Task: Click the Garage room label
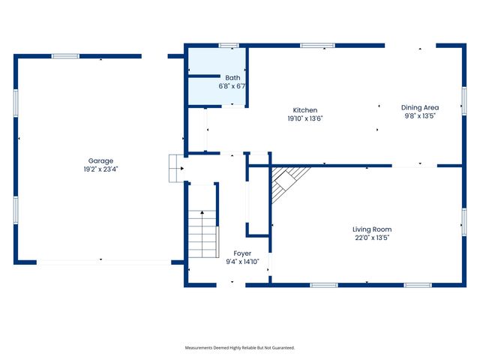pos(100,160)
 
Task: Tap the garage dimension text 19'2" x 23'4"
pos(100,169)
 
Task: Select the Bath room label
pos(232,77)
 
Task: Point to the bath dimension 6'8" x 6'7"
pos(232,86)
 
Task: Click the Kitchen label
pos(305,109)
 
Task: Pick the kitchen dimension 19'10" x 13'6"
pos(305,118)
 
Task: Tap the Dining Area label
pos(419,107)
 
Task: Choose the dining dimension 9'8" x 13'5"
pos(419,116)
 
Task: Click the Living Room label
pos(372,229)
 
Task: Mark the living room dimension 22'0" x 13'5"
pos(372,238)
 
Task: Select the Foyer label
pos(242,253)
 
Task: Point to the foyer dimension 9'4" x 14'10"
pos(242,262)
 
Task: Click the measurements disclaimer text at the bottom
pos(240,348)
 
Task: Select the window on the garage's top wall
pos(65,55)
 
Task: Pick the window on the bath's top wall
pos(229,46)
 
